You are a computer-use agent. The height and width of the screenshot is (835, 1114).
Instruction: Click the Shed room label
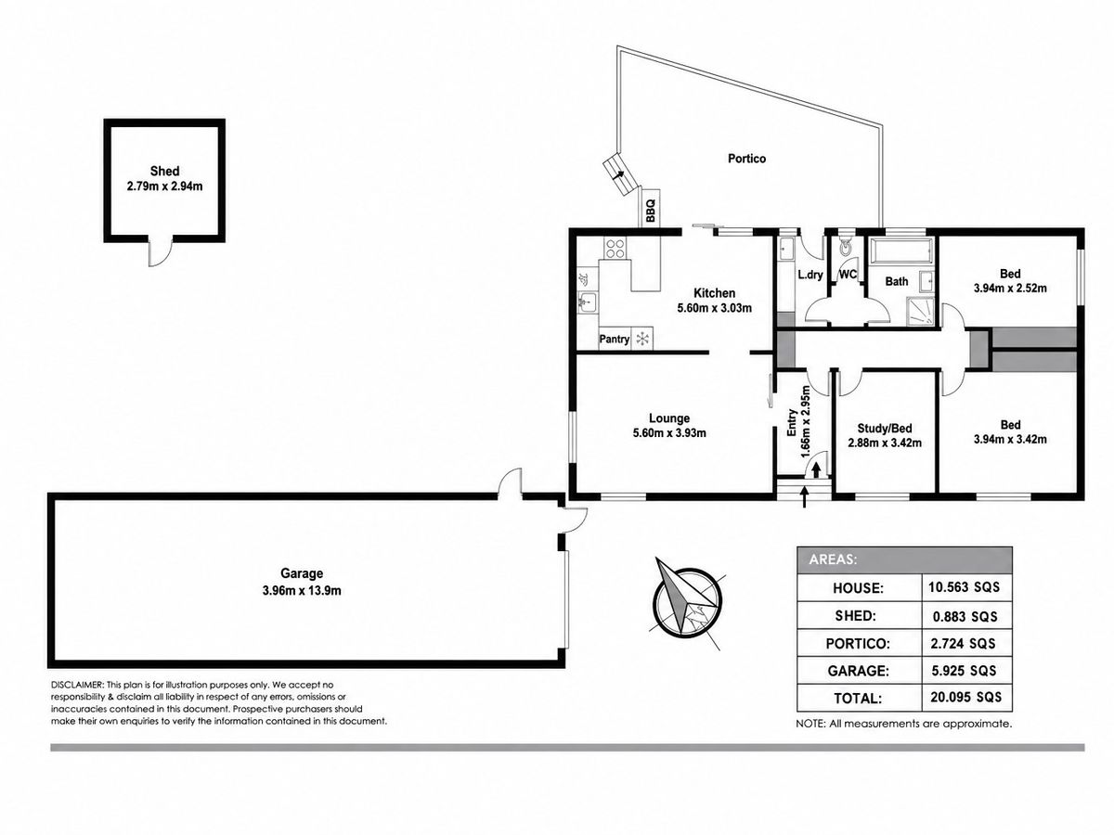click(164, 171)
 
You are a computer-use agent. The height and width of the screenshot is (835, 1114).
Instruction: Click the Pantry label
click(615, 340)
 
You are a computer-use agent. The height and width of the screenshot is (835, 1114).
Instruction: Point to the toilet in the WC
click(845, 246)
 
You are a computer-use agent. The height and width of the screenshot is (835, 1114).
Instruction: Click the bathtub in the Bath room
click(900, 251)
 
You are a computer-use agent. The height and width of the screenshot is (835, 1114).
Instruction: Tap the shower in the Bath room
click(919, 311)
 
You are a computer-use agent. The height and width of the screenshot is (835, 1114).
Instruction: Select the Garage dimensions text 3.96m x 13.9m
click(302, 591)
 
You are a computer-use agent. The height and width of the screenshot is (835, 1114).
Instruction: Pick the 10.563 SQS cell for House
click(964, 587)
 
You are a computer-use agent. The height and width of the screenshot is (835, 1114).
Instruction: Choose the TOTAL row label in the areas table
click(858, 698)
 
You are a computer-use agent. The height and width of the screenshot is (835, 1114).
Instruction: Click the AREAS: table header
click(833, 559)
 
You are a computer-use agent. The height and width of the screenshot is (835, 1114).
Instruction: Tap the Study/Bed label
click(885, 429)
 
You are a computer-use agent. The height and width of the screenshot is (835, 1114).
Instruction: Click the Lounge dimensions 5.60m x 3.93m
click(669, 433)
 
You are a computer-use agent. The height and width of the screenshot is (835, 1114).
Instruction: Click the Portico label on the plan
click(746, 159)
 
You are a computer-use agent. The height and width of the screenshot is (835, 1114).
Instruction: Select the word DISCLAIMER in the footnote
click(78, 685)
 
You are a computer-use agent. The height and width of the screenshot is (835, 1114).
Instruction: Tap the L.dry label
click(810, 275)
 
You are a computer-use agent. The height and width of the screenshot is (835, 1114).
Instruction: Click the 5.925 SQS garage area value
click(964, 670)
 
